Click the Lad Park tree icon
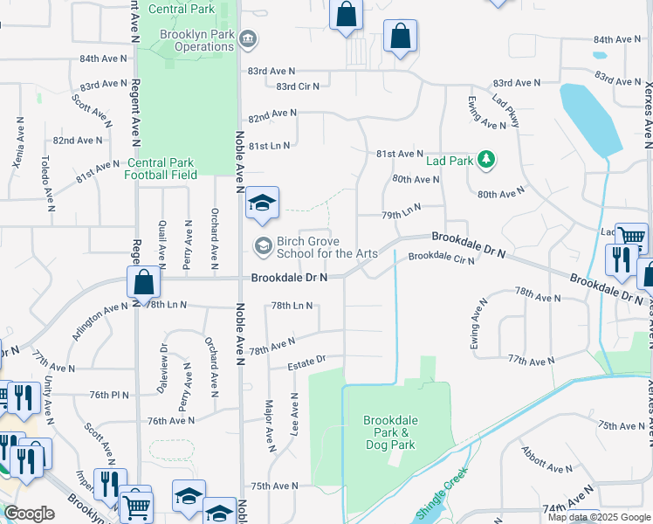pyautogui.click(x=487, y=160)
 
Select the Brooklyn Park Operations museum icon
pyautogui.click(x=248, y=39)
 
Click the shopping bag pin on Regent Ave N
pyautogui.click(x=144, y=283)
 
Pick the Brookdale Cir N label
pyautogui.click(x=442, y=258)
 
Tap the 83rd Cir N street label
pyautogui.click(x=298, y=86)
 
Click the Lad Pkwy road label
pyautogui.click(x=505, y=111)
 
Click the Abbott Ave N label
pyautogui.click(x=546, y=460)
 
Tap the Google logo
pyautogui.click(x=29, y=514)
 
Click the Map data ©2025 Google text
pyautogui.click(x=599, y=517)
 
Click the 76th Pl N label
pyautogui.click(x=109, y=395)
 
